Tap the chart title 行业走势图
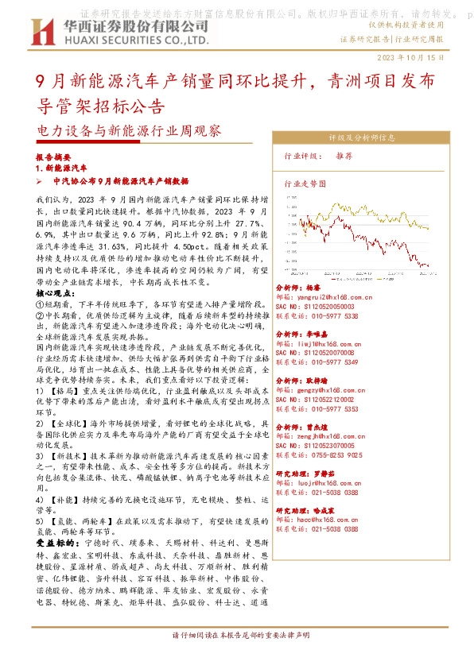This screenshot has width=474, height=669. [x=305, y=182]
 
